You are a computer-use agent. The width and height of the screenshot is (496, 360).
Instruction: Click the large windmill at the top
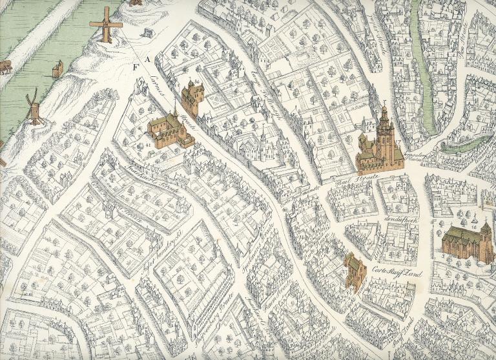(106, 25)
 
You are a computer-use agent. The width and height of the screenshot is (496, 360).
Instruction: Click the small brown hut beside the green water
(57, 68)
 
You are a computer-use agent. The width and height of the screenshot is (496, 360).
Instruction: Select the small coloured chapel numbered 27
(355, 270)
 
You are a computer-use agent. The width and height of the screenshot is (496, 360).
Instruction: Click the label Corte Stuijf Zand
(396, 272)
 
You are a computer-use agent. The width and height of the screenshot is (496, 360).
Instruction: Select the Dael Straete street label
(349, 182)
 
